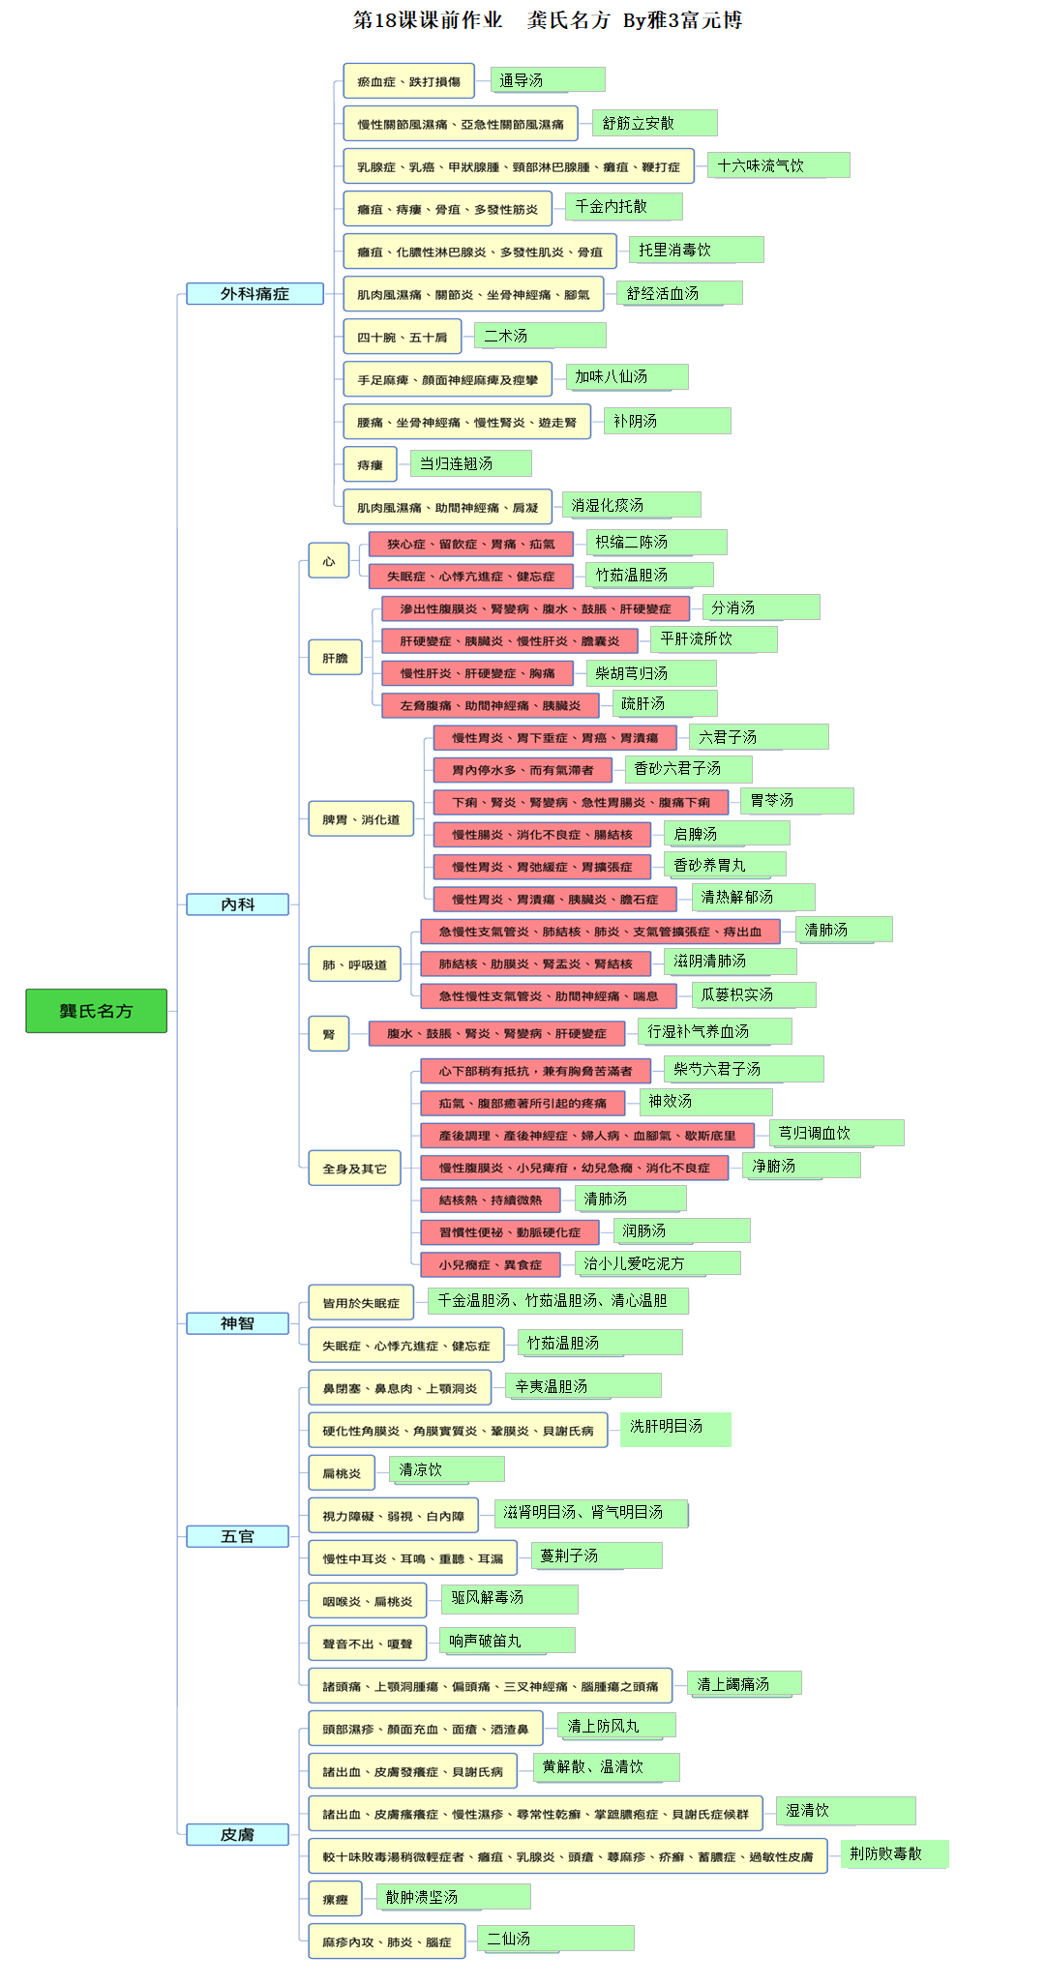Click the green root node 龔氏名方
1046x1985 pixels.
[x=96, y=1011]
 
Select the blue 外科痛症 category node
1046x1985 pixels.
[x=254, y=294]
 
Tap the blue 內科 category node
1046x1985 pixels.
[x=237, y=904]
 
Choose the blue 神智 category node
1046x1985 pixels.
[x=237, y=1323]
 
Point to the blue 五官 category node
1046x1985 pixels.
[x=237, y=1536]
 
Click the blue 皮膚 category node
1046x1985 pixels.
[x=237, y=1834]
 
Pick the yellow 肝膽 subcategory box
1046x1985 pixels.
[x=335, y=658]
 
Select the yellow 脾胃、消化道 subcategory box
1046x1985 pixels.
[x=361, y=819]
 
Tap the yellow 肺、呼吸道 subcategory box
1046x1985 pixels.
[x=354, y=964]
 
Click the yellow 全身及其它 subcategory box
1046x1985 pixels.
[x=354, y=1169]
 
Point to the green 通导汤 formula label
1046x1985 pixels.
[x=548, y=80]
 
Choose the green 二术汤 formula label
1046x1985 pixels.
[x=540, y=336]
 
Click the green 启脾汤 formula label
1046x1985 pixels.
[x=727, y=834]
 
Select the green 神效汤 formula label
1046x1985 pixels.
[x=705, y=1102]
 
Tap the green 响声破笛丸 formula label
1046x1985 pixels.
[x=507, y=1641]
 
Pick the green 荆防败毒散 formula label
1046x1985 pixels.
[x=894, y=1853]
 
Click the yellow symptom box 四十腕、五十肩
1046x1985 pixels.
[x=403, y=337]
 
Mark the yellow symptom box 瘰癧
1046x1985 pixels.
[x=335, y=1899]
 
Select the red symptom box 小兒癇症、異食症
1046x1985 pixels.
[x=490, y=1264]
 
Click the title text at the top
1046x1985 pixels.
[x=548, y=20]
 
